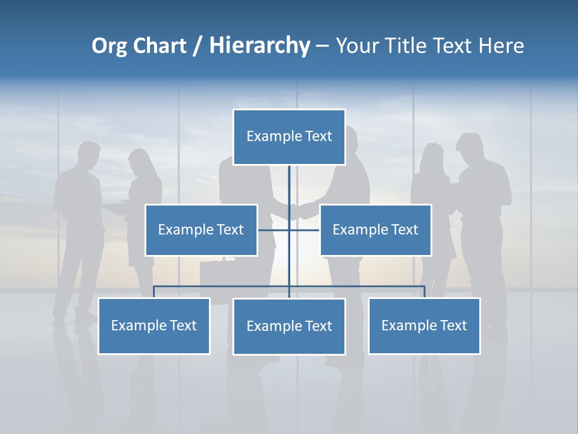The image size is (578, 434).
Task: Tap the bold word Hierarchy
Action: tap(259, 46)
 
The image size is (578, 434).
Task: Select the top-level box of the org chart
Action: tap(289, 137)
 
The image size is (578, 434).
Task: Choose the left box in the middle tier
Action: tap(201, 230)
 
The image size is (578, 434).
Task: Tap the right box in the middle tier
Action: tap(375, 230)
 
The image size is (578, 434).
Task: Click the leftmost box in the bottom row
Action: tap(154, 325)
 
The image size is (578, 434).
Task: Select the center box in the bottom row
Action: tap(289, 326)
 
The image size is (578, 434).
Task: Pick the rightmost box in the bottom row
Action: tap(424, 325)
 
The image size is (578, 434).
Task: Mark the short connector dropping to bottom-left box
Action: tap(154, 292)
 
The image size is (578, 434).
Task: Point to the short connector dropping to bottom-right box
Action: tap(424, 292)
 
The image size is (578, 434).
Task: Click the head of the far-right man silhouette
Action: tap(470, 146)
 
